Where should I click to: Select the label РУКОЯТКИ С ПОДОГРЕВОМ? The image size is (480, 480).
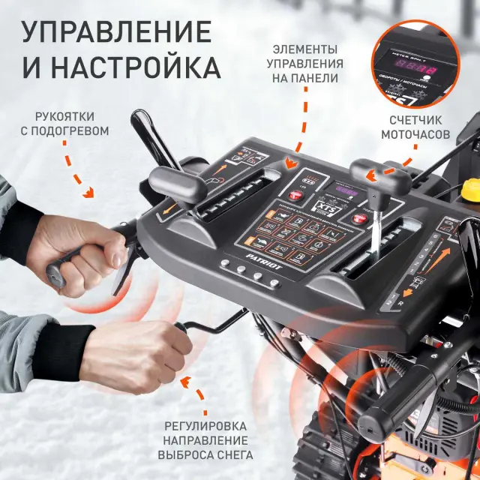tap(71, 124)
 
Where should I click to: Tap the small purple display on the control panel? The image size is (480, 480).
tap(346, 190)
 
